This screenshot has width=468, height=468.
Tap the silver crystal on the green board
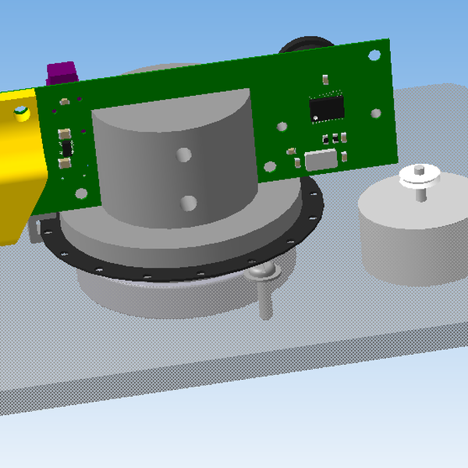click(321, 161)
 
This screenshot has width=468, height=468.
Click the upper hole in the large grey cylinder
click(184, 154)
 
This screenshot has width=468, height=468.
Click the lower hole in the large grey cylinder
click(187, 204)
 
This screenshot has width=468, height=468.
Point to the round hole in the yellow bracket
click(20, 113)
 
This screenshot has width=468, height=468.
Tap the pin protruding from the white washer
click(420, 168)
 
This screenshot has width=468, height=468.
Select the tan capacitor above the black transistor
click(62, 132)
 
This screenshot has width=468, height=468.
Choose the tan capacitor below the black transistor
click(63, 163)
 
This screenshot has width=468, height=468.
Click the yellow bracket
click(19, 168)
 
